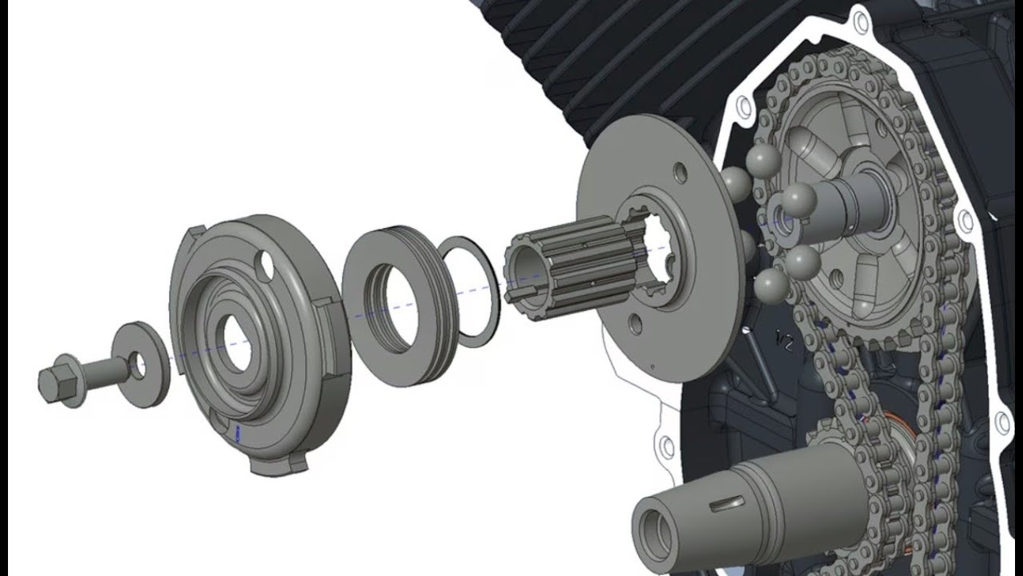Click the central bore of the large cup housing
233,344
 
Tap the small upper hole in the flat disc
679,172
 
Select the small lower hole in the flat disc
635,324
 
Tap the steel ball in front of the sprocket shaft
799,200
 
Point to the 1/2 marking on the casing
784,344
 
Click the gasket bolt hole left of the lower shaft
663,442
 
